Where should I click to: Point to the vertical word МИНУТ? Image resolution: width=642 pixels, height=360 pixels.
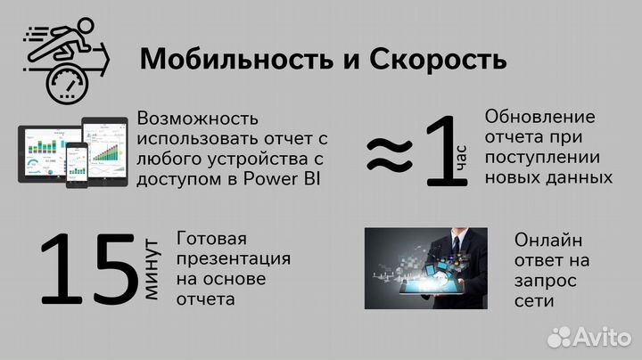[151, 268]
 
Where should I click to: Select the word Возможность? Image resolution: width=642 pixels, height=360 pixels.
[198, 119]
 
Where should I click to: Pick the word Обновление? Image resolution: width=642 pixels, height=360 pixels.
[540, 118]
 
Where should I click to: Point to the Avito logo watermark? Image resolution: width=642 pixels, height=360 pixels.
[589, 336]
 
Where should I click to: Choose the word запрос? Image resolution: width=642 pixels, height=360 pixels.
[544, 281]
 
